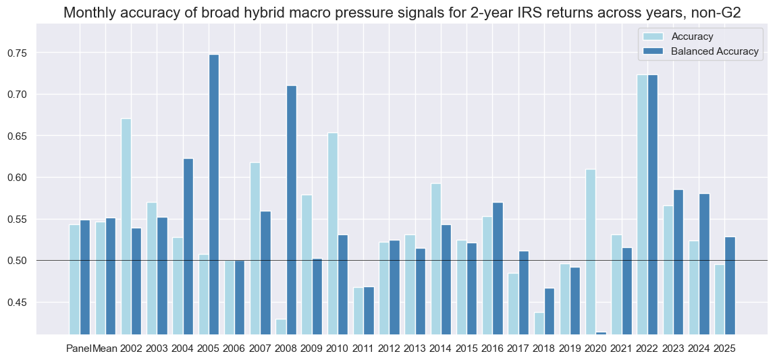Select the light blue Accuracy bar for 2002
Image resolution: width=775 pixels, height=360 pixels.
pyautogui.click(x=126, y=226)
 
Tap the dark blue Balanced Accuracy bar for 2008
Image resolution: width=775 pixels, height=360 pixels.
pyautogui.click(x=291, y=209)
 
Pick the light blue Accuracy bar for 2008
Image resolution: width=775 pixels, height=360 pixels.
pyautogui.click(x=281, y=326)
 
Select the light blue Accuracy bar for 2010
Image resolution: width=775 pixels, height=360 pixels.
pyautogui.click(x=332, y=233)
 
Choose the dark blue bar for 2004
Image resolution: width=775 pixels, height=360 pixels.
pyautogui.click(x=188, y=247)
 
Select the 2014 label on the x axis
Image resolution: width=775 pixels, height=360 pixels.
pyautogui.click(x=440, y=349)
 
